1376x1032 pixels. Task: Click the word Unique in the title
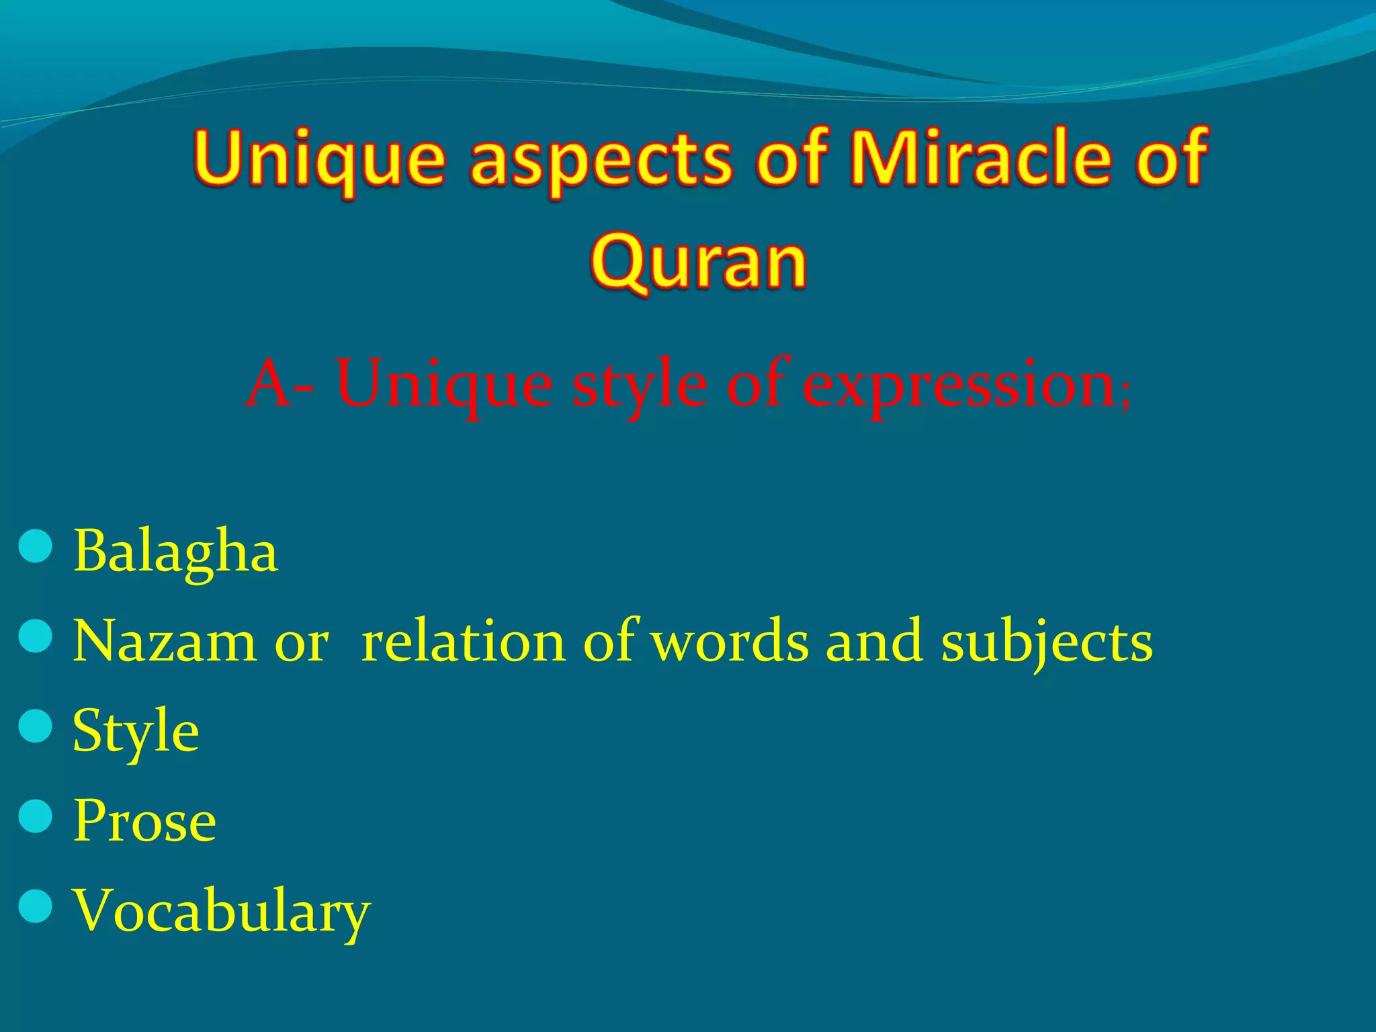(320, 159)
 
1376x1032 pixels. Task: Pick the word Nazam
(164, 642)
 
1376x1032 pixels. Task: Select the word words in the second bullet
(731, 642)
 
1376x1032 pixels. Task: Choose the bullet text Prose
(144, 821)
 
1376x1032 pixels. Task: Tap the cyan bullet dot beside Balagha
(36, 546)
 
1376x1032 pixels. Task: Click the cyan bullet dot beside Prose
(36, 816)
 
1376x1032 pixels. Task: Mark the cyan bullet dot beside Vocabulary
(36, 906)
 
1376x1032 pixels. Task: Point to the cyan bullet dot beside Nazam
(36, 636)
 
